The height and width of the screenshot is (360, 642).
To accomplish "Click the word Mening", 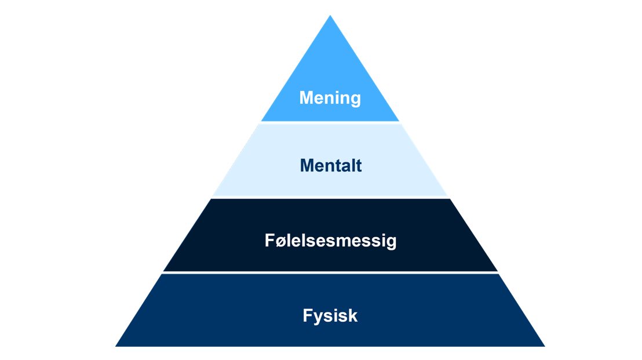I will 330,98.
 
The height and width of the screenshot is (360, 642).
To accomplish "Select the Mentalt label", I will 330,166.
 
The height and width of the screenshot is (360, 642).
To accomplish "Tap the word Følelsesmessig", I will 330,241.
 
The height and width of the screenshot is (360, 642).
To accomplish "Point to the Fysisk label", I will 330,316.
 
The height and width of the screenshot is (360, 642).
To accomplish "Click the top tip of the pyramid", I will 330,16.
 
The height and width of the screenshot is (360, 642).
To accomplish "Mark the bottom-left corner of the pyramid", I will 116,346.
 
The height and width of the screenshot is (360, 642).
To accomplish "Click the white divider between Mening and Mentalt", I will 330,122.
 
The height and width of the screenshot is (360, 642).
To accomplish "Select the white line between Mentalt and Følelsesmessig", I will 330,198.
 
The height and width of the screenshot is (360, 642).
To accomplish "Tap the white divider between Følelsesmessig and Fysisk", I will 330,272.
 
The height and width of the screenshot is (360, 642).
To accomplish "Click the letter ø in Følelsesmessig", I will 280,241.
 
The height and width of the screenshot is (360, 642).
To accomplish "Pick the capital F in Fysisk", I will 307,316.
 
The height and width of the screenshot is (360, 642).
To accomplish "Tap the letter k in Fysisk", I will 352,316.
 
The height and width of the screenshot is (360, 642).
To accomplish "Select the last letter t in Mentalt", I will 358,166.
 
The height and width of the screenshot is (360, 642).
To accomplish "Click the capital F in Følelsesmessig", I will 269,240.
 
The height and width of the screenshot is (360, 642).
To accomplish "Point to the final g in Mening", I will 355,100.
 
